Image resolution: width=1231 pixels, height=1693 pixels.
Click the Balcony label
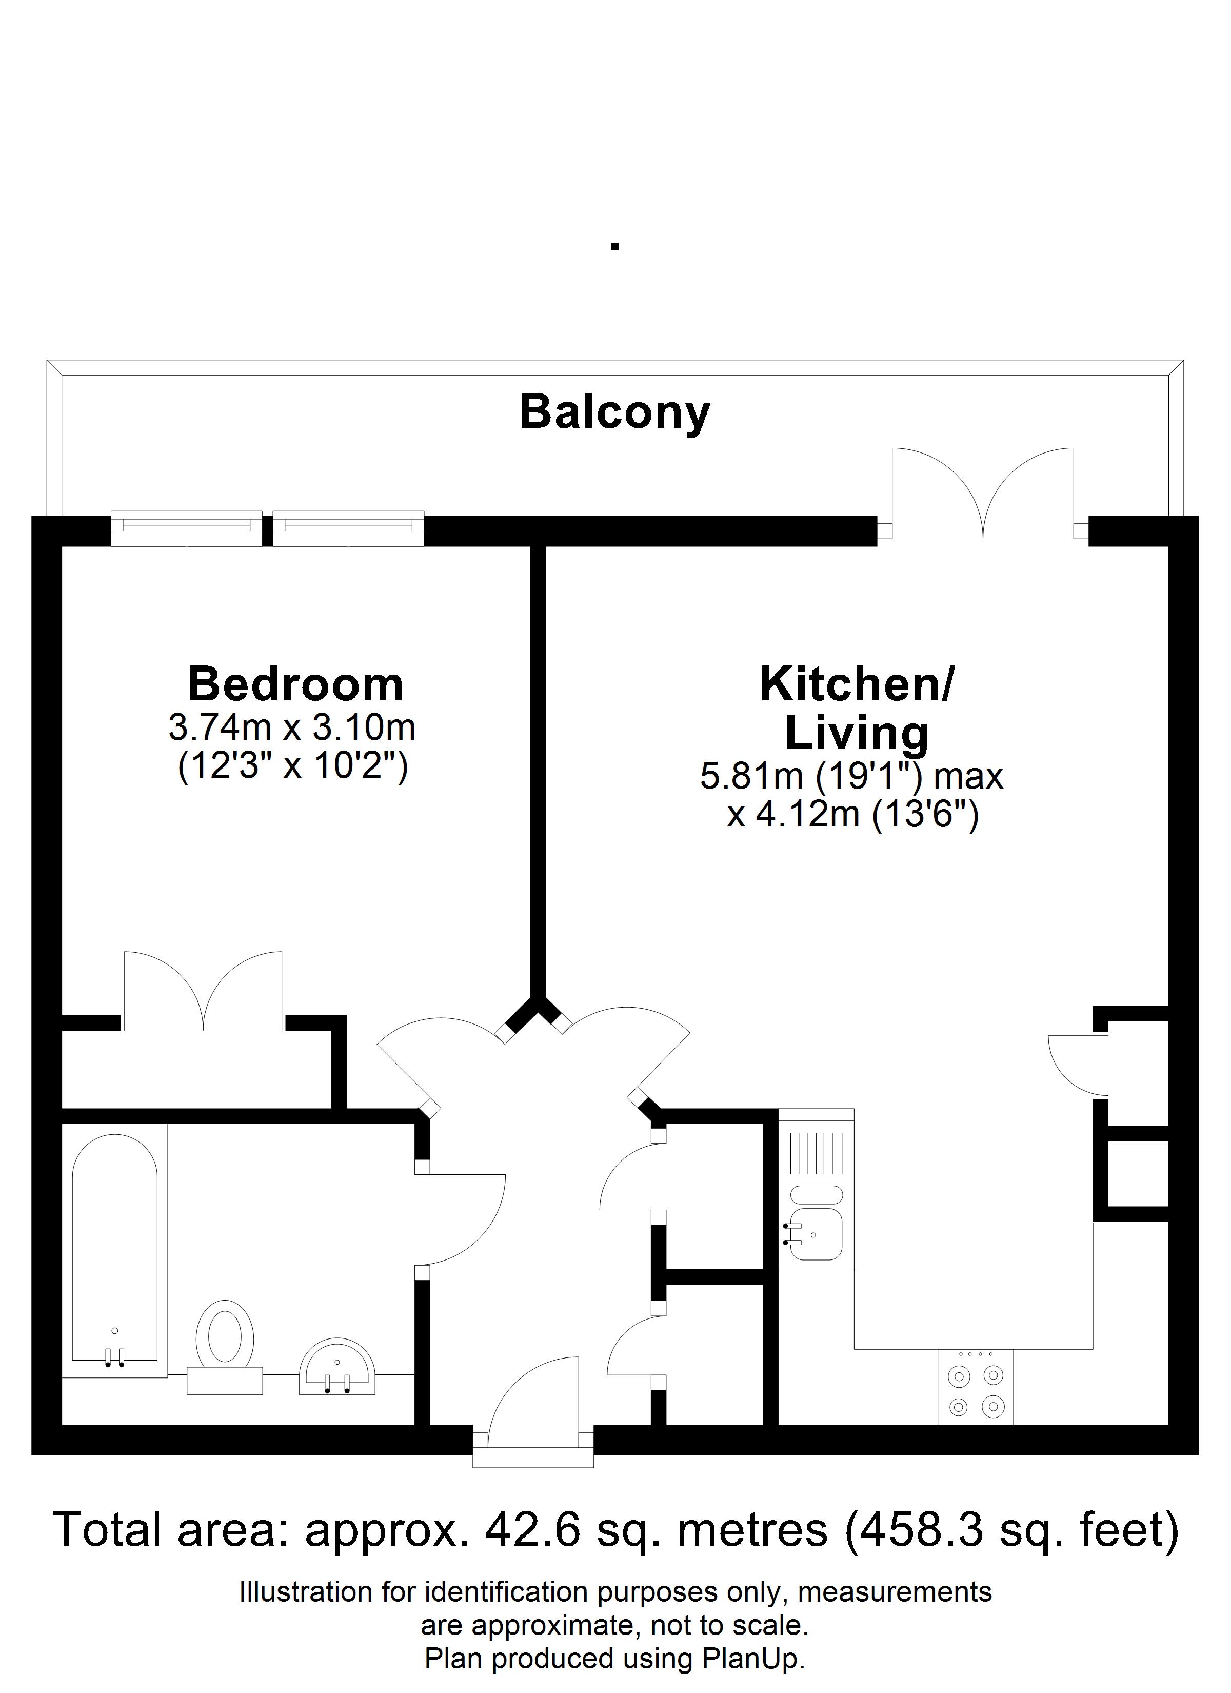tap(614, 413)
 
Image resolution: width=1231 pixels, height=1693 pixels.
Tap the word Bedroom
tap(295, 684)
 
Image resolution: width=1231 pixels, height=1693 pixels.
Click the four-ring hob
tap(976, 1390)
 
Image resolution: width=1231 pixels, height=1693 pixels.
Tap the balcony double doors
tap(983, 491)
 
